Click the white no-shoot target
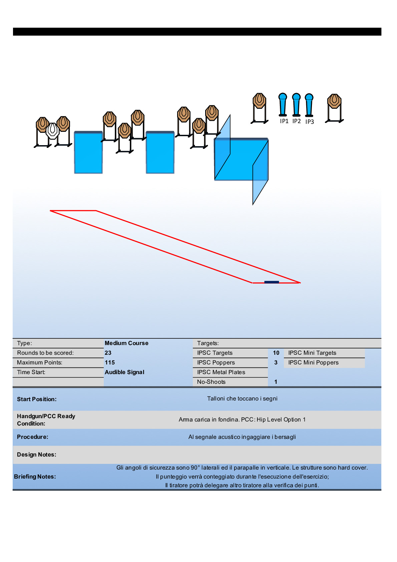click(x=52, y=131)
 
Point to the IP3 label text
click(x=310, y=122)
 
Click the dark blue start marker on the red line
click(x=272, y=282)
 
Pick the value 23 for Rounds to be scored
click(x=108, y=353)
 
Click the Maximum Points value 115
click(x=110, y=362)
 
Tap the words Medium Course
click(x=126, y=343)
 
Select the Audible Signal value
click(x=124, y=372)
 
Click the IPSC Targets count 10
click(x=276, y=353)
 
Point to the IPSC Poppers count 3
click(x=276, y=362)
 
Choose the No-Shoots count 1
click(x=276, y=382)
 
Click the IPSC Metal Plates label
click(x=221, y=372)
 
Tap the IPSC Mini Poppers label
click(x=313, y=362)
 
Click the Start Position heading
click(x=37, y=399)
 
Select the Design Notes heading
click(x=37, y=455)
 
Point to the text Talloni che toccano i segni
click(x=242, y=398)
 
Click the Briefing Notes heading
click(x=35, y=477)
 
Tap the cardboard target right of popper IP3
click(x=334, y=101)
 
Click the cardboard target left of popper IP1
click(x=259, y=101)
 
